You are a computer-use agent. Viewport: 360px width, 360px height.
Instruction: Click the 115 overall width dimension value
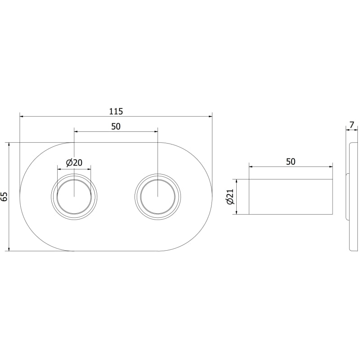pyautogui.click(x=116, y=111)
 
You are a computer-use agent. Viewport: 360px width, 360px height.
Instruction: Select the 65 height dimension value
pyautogui.click(x=4, y=197)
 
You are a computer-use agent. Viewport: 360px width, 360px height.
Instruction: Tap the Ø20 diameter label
pyautogui.click(x=74, y=162)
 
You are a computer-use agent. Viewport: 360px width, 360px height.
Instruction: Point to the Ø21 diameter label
pyautogui.click(x=230, y=197)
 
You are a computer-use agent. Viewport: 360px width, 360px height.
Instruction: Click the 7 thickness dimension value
pyautogui.click(x=352, y=125)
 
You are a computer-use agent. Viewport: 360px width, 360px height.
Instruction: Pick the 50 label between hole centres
pyautogui.click(x=116, y=126)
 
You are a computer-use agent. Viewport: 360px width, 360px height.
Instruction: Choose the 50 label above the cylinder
pyautogui.click(x=291, y=162)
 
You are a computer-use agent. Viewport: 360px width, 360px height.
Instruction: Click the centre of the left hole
pyautogui.click(x=74, y=197)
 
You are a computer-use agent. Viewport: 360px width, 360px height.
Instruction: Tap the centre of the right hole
pyautogui.click(x=158, y=197)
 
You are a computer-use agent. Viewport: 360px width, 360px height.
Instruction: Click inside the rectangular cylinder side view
pyautogui.click(x=291, y=197)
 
